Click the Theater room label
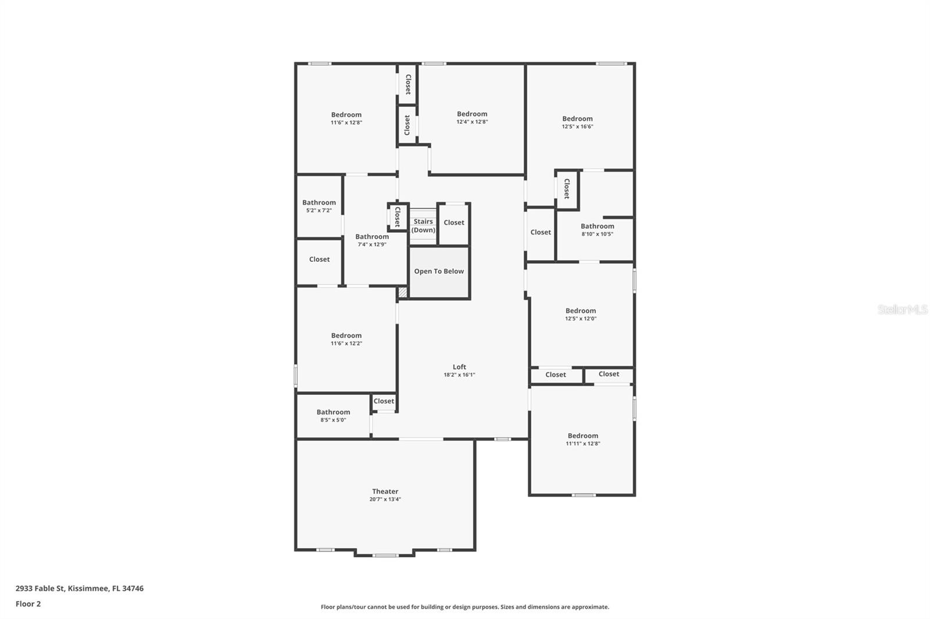(x=385, y=491)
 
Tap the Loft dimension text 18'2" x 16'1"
(x=459, y=375)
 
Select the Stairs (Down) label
(x=423, y=226)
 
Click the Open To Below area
(x=439, y=271)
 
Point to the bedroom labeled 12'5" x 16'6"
(x=577, y=122)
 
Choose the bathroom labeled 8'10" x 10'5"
(x=597, y=229)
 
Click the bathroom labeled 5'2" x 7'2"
(x=319, y=206)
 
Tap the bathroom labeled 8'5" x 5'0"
(x=333, y=415)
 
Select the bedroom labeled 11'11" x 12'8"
(x=582, y=439)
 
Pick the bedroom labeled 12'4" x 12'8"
(x=471, y=117)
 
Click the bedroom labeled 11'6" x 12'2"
(x=346, y=339)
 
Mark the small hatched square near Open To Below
(x=402, y=293)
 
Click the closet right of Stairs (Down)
(x=453, y=222)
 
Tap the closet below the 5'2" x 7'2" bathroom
(x=319, y=260)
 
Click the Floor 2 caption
(x=28, y=604)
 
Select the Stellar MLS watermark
(x=902, y=310)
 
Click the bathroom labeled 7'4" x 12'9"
(x=372, y=240)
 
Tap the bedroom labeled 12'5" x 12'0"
(x=580, y=314)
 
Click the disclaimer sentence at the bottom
(x=465, y=607)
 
